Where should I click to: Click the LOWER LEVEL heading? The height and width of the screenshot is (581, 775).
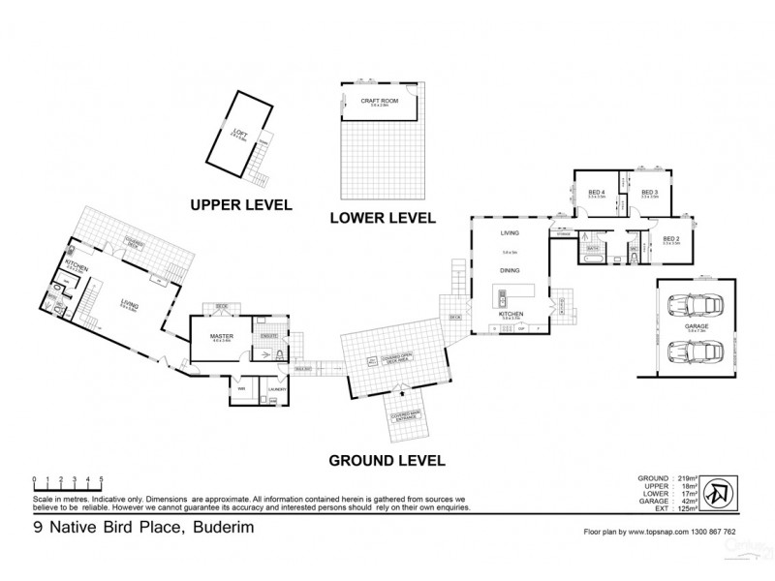coord(381,217)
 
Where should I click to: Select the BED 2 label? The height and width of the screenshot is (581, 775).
coord(670,237)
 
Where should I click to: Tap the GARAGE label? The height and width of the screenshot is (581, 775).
coord(695,327)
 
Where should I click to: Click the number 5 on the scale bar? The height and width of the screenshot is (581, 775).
coord(102,479)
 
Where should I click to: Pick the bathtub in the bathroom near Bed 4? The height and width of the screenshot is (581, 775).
coord(593,259)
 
